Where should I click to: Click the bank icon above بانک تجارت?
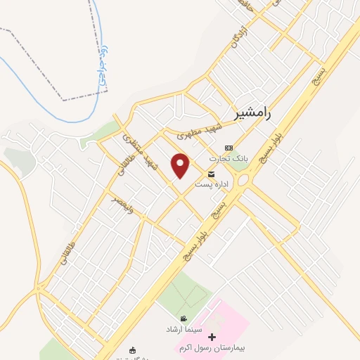pyautogui.click(x=228, y=148)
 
